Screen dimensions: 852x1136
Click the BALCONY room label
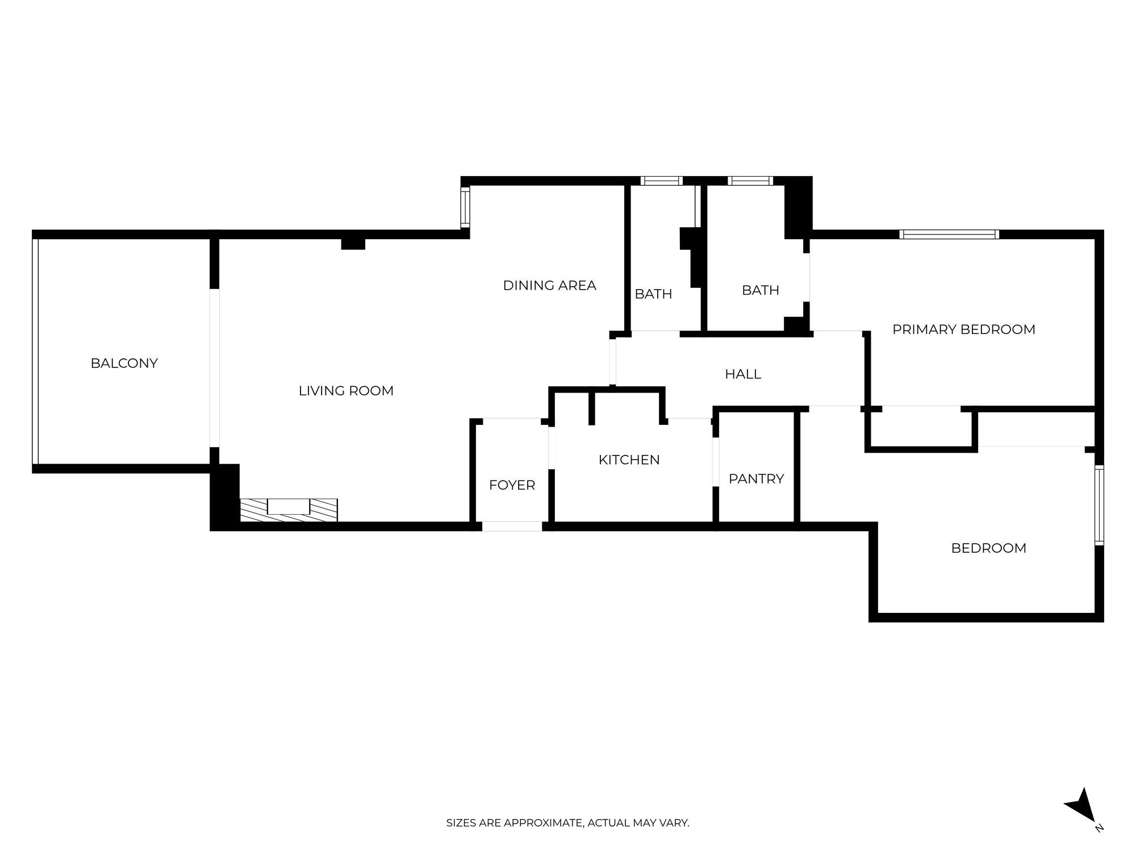coord(124,363)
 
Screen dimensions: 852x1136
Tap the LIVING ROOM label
coord(346,391)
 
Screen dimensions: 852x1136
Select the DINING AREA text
coord(549,286)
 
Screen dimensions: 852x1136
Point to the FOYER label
coord(512,485)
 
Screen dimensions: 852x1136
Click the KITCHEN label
coord(629,460)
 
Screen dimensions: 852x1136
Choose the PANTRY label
coord(756,479)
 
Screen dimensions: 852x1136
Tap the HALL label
coord(742,374)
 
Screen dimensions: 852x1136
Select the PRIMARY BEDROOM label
coord(963,329)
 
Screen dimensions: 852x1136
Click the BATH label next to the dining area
coord(653,294)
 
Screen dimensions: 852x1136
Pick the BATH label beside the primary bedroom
coord(760,290)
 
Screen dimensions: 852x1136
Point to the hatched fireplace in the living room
coord(289,509)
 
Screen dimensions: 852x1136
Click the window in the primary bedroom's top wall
coord(949,234)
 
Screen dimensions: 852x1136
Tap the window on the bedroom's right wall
coord(1099,505)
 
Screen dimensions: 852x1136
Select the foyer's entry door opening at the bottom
coord(512,527)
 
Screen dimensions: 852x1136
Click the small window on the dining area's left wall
coord(465,207)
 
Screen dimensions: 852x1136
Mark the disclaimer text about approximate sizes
coord(567,822)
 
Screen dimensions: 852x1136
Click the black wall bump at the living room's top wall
coord(353,244)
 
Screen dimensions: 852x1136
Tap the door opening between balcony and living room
coord(214,367)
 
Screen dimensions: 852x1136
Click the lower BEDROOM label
coord(988,548)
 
